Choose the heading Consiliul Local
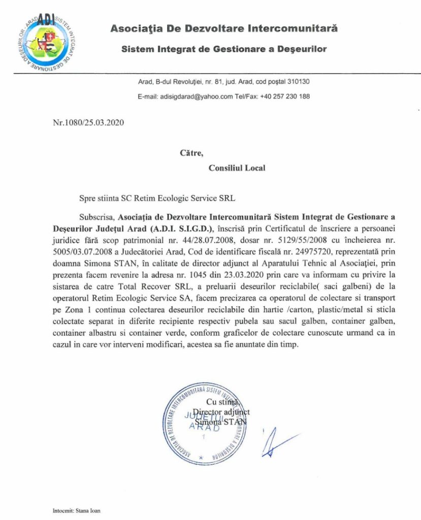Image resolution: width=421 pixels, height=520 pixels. pyautogui.click(x=237, y=168)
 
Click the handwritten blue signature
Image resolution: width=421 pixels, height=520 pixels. pyautogui.click(x=276, y=440)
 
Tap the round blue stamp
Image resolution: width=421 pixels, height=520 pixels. pyautogui.click(x=207, y=425)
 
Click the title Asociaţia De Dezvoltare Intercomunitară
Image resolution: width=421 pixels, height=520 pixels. pyautogui.click(x=224, y=29)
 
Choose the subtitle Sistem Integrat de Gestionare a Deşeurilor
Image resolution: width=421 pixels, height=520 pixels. pyautogui.click(x=223, y=49)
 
